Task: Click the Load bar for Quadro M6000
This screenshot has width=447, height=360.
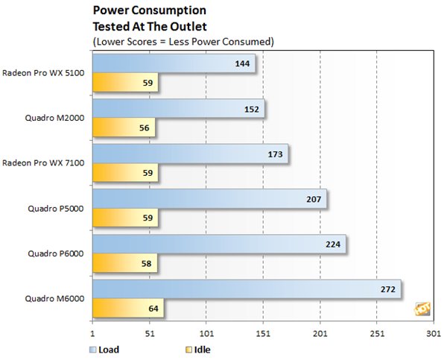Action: pyautogui.click(x=246, y=288)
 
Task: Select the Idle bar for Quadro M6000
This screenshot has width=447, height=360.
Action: pyautogui.click(x=128, y=307)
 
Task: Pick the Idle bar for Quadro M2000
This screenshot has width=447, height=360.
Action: pyautogui.click(x=124, y=128)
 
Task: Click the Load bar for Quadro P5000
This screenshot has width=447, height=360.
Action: pyautogui.click(x=209, y=199)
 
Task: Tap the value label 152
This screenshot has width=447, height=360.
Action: pyautogui.click(x=252, y=110)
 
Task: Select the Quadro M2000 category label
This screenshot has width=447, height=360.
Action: pyautogui.click(x=57, y=118)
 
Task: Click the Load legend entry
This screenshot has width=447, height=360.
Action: pyautogui.click(x=104, y=348)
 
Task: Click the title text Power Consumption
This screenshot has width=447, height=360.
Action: pyautogui.click(x=148, y=11)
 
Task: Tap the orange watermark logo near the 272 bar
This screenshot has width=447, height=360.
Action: pyautogui.click(x=422, y=308)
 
